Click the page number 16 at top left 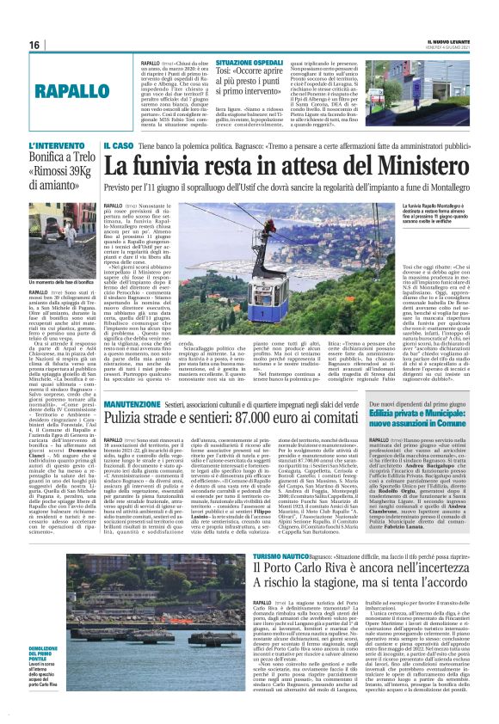pos(34,45)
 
